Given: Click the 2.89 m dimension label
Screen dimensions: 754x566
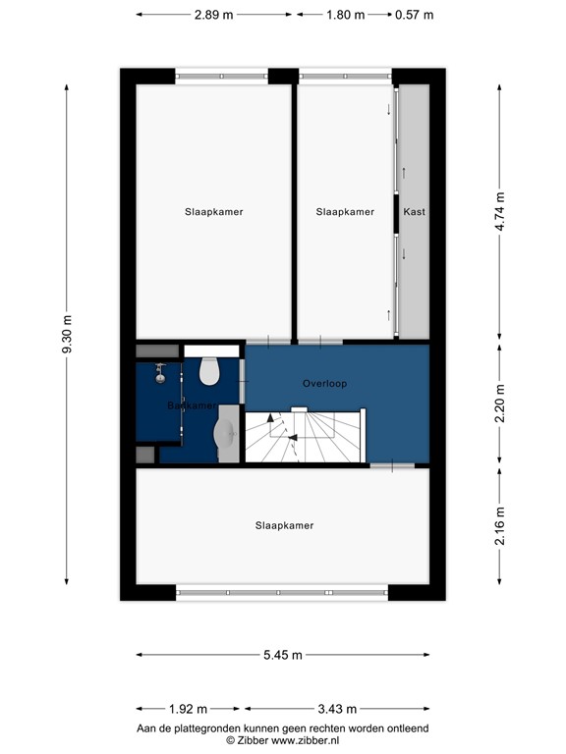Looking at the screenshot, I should [x=213, y=16].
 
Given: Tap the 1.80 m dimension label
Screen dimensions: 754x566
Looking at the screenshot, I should [x=345, y=16].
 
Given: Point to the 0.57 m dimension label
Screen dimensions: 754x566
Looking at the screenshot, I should [x=413, y=16].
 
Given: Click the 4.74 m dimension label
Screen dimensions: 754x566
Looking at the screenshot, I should [x=500, y=211].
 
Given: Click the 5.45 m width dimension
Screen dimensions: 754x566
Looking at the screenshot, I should [x=283, y=655].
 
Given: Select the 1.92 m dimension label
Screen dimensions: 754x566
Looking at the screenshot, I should [x=188, y=709].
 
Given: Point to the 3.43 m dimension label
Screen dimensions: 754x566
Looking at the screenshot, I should [x=336, y=709].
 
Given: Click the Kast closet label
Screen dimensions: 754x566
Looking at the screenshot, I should [x=414, y=212].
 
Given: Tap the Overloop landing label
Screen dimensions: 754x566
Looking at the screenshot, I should [x=325, y=384].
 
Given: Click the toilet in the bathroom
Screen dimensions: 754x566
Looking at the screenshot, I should [x=208, y=371].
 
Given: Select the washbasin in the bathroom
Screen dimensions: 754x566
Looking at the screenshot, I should [x=225, y=433].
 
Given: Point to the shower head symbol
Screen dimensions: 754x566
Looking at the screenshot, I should [x=159, y=371].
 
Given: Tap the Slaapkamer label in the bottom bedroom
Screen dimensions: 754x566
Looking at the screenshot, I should [x=284, y=526].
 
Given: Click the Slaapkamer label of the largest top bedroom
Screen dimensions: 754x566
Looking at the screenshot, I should [x=213, y=212].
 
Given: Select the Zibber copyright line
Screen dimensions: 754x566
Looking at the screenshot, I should [x=283, y=740].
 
